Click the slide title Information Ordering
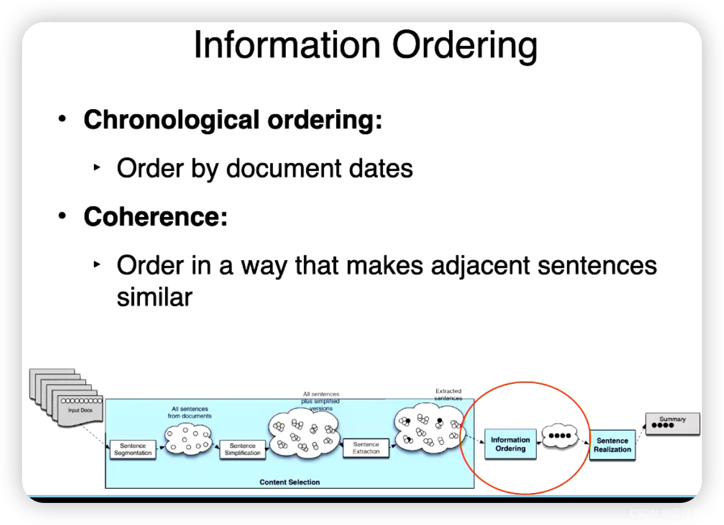click(x=365, y=45)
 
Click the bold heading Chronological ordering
click(x=233, y=120)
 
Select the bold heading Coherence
click(x=155, y=217)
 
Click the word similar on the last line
click(x=155, y=297)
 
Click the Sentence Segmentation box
click(x=133, y=450)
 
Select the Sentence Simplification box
click(x=242, y=450)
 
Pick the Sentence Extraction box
click(x=366, y=448)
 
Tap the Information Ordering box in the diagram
click(x=510, y=444)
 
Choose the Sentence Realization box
click(x=612, y=445)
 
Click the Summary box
click(x=672, y=423)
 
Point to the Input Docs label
click(x=80, y=410)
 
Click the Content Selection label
click(x=290, y=482)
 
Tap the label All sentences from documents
click(x=190, y=412)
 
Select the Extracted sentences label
click(x=449, y=394)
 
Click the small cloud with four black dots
click(x=560, y=436)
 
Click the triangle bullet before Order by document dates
click(x=96, y=167)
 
